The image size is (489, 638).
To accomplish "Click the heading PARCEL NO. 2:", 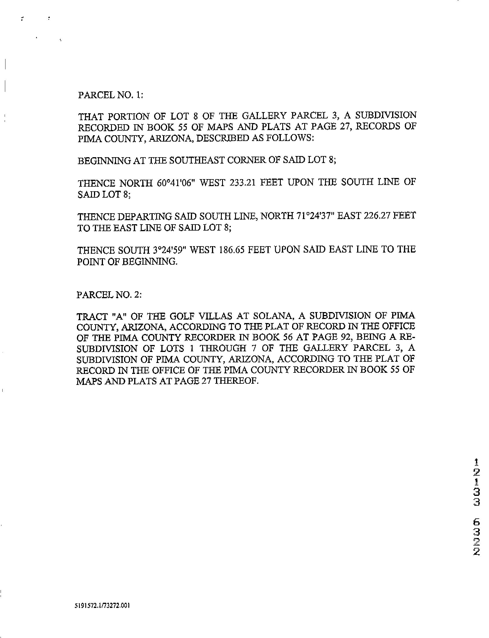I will point(109,295).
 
